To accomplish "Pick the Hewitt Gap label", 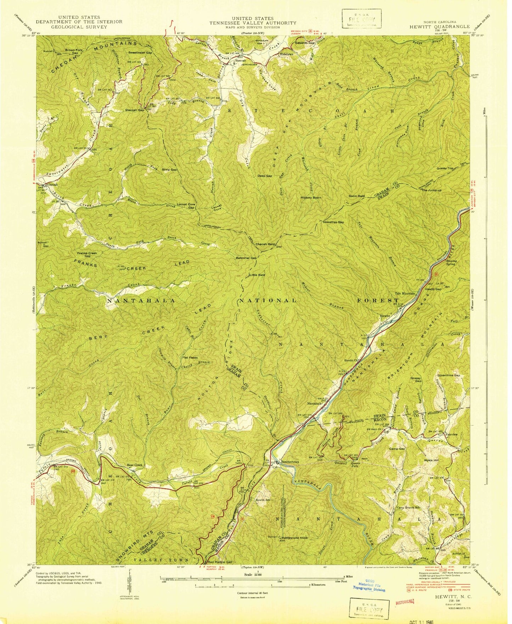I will point(433,289).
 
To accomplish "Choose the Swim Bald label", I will point(356,196).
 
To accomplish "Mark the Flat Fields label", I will point(190,357).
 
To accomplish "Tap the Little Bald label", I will point(257,275).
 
